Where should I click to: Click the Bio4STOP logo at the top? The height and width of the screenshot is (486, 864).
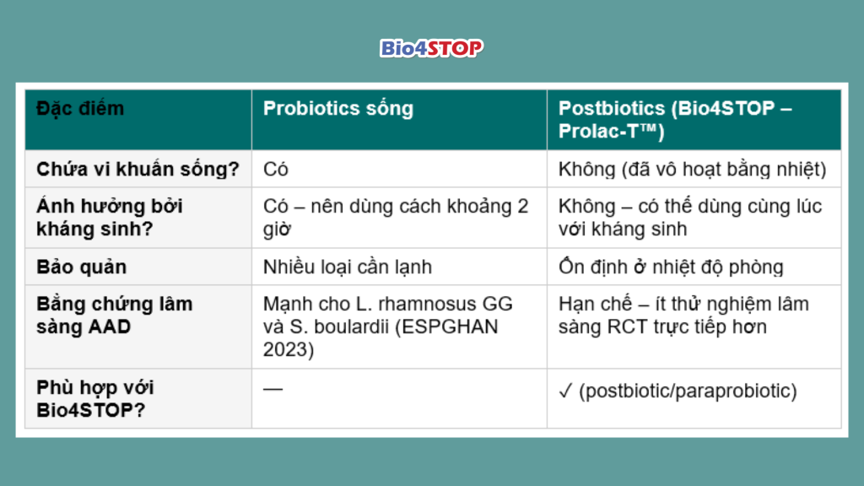pos(431,48)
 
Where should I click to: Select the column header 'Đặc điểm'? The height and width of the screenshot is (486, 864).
pos(80,109)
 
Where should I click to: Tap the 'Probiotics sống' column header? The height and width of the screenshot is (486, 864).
pos(337,109)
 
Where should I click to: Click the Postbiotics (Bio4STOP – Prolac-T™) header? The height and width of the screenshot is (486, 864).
pos(675,120)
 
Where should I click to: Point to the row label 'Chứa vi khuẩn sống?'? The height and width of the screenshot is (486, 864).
pos(138,169)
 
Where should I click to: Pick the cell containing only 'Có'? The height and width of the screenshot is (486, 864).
pos(276,169)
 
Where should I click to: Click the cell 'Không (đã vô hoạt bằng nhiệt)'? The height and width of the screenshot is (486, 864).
pos(692,169)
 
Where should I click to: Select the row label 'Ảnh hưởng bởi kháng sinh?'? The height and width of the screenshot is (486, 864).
pos(109,218)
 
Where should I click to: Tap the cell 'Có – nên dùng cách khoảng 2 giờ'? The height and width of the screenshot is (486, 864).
pos(395,218)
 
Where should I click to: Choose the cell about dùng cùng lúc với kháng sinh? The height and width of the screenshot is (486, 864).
pos(690,218)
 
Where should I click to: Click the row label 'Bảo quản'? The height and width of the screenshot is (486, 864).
pos(82,267)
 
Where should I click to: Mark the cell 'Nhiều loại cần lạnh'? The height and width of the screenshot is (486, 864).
pos(347,267)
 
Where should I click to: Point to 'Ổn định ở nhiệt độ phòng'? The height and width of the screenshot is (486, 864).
pos(671,267)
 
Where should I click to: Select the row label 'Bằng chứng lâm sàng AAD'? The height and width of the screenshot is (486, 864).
pos(114,316)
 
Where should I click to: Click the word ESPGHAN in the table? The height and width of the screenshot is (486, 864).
pos(450,327)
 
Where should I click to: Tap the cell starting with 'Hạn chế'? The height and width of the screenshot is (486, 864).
pos(683,316)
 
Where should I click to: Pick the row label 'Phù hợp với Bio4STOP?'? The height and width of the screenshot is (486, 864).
pos(94,399)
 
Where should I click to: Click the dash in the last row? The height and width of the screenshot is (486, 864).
pos(273,389)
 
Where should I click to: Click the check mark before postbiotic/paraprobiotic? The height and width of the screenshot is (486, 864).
pos(565,391)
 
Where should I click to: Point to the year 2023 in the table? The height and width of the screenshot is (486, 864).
pos(288,350)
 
